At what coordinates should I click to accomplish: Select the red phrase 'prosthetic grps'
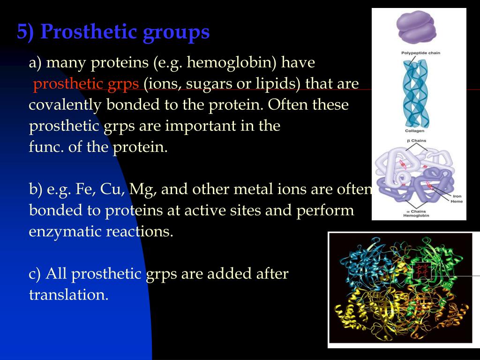[86, 84]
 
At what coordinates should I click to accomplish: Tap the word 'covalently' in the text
[65, 105]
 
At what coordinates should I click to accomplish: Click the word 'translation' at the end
[68, 295]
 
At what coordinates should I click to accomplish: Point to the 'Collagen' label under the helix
[415, 131]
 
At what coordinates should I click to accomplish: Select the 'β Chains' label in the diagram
[416, 141]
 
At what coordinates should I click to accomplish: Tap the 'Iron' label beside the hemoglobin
[457, 196]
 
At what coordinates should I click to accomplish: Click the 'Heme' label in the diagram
[457, 202]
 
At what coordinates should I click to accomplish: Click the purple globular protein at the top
[416, 27]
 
